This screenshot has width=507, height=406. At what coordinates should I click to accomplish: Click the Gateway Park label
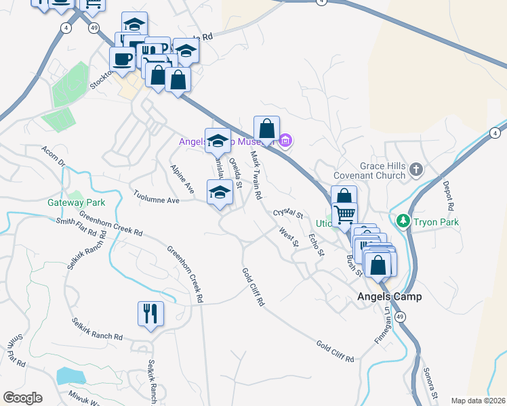(76, 202)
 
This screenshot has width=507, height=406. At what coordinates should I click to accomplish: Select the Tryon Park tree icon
(403, 221)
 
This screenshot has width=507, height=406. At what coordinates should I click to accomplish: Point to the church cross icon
(416, 169)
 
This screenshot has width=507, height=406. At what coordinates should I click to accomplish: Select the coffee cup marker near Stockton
(122, 59)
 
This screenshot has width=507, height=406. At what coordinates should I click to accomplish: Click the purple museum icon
(285, 141)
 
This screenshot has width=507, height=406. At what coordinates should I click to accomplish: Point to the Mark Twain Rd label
(256, 175)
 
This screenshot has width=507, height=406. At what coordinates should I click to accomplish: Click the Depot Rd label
(448, 195)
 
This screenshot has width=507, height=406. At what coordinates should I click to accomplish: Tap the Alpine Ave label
(182, 179)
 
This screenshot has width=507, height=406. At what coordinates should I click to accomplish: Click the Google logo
(22, 398)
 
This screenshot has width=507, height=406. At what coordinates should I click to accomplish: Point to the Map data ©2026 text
(478, 401)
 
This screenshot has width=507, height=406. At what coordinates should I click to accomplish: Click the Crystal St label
(287, 212)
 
